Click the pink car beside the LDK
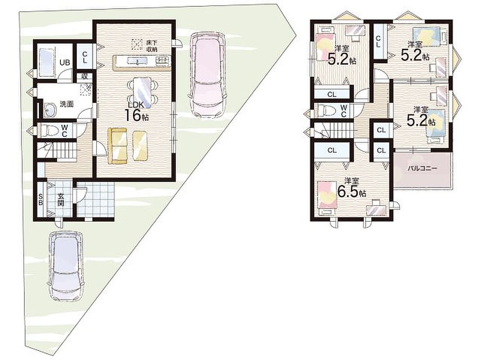click(x=208, y=75)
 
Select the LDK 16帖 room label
click(x=136, y=111)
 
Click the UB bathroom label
click(x=65, y=63)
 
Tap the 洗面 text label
click(x=67, y=104)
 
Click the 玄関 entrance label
click(x=61, y=199)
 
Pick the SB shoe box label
click(x=41, y=199)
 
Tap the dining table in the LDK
click(x=142, y=92)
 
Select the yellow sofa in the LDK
click(x=118, y=145)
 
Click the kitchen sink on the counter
click(x=136, y=61)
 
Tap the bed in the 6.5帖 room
click(x=327, y=197)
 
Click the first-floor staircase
click(x=57, y=150)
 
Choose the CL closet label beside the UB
click(x=85, y=57)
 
